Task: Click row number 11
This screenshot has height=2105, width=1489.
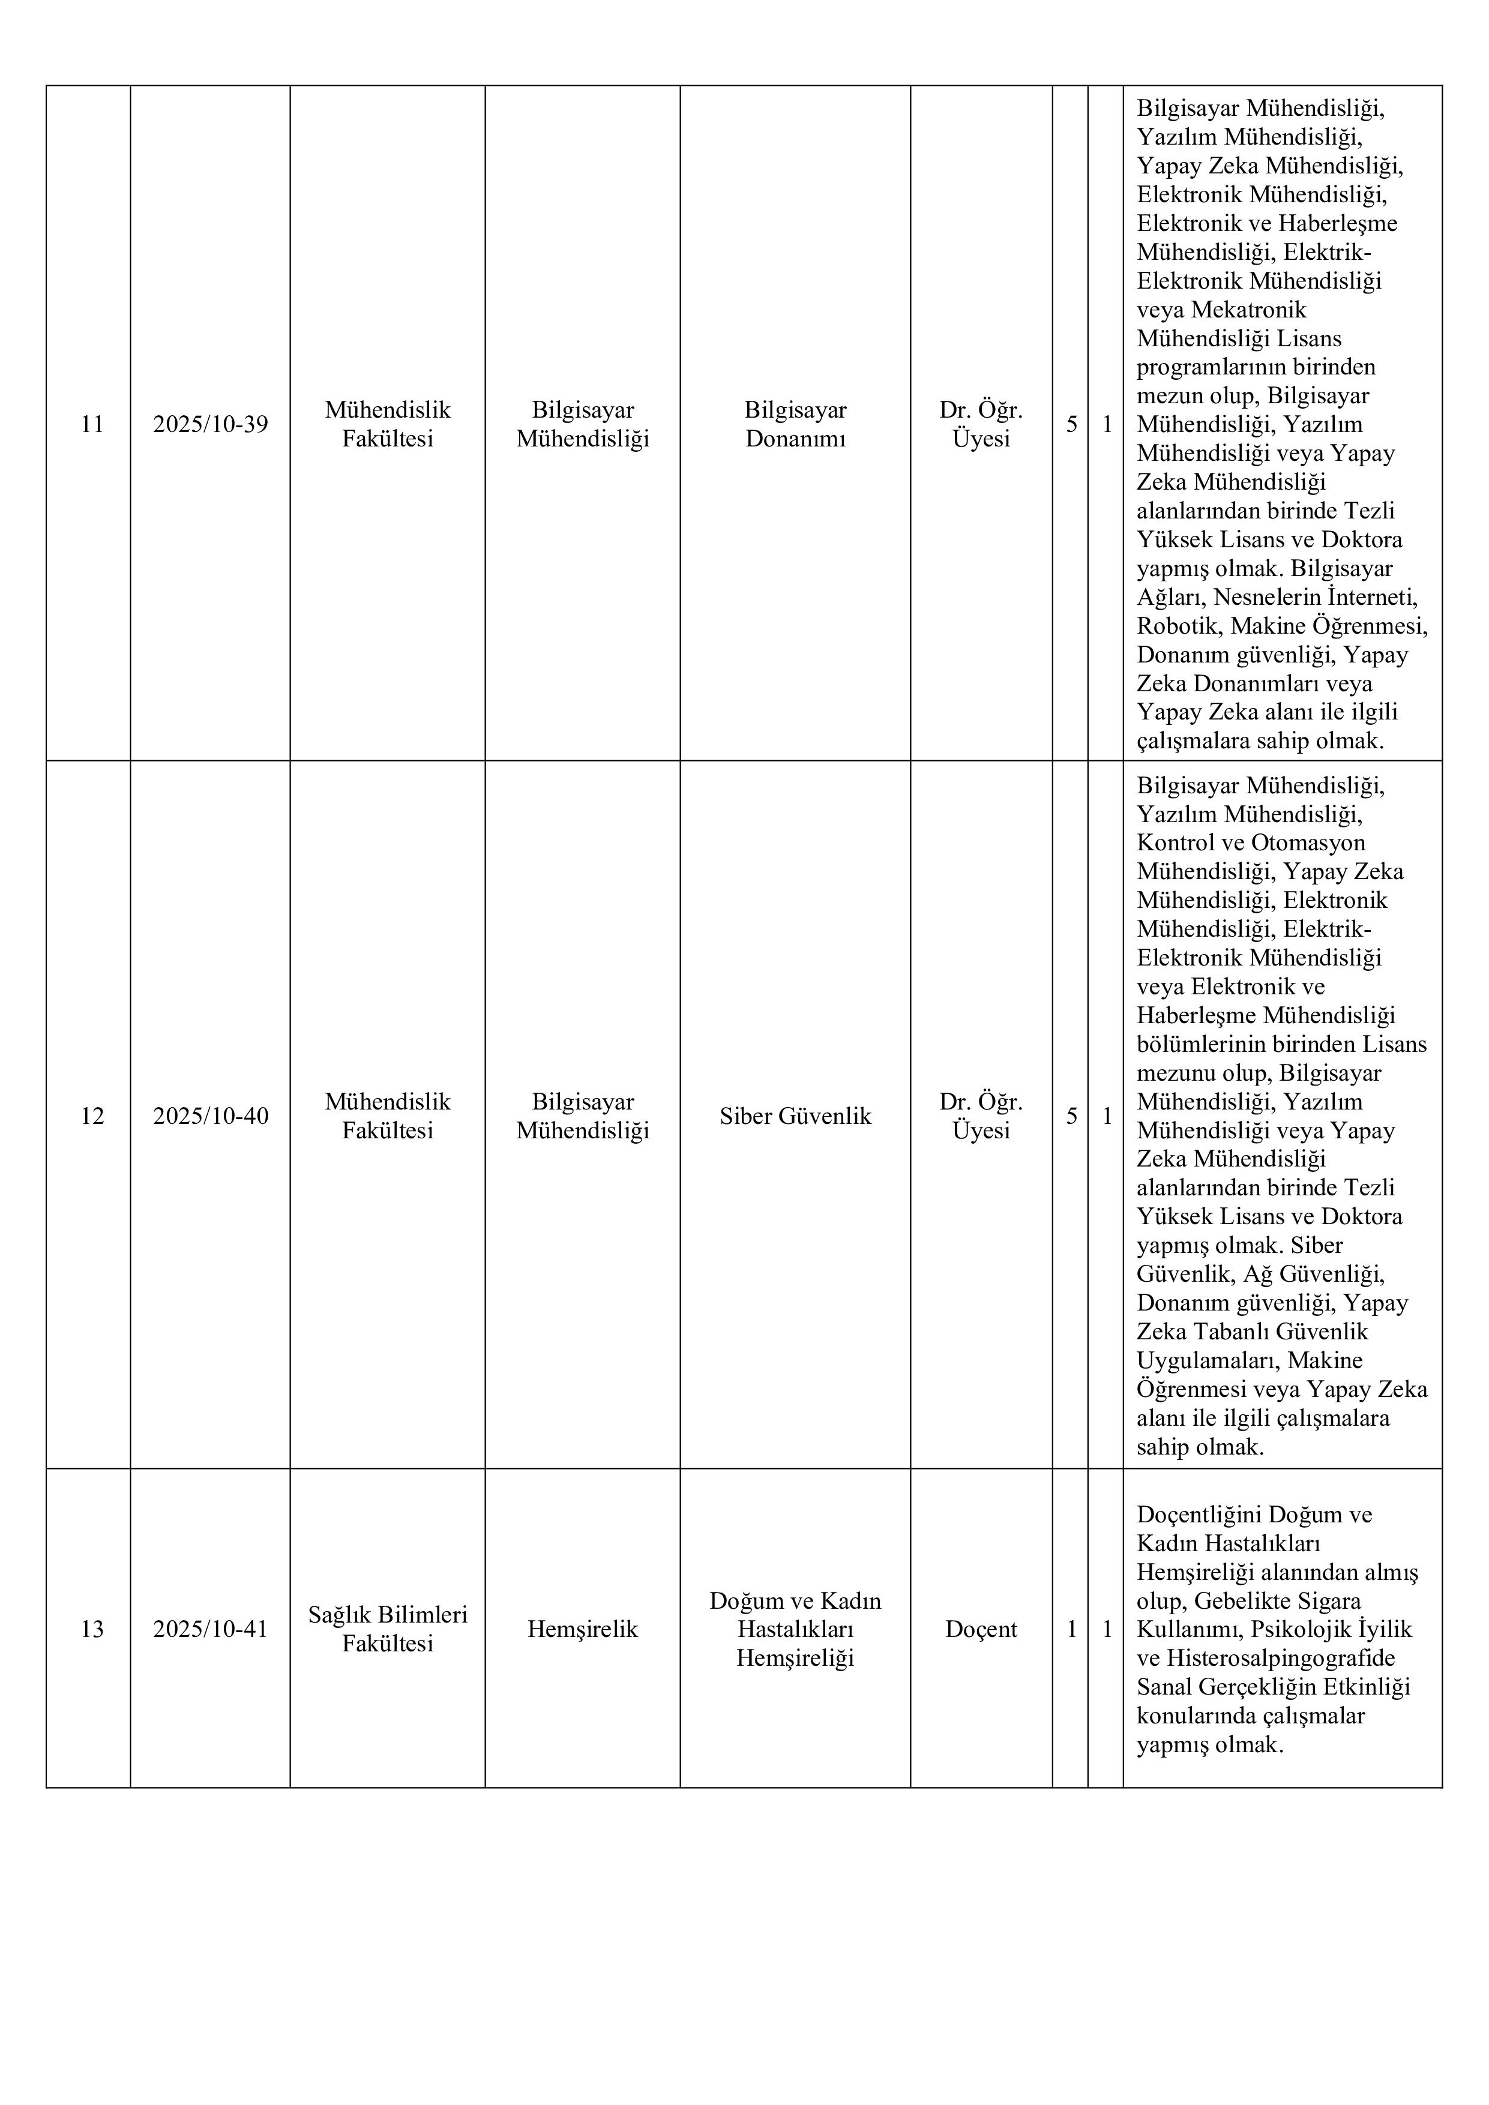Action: click(x=92, y=424)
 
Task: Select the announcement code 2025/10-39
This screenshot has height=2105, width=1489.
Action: click(x=210, y=424)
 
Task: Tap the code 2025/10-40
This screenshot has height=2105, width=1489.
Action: click(x=210, y=1116)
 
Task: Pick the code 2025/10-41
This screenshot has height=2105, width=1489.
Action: click(x=210, y=1629)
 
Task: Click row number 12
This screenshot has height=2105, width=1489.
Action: click(x=92, y=1116)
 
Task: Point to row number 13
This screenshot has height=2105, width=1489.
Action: click(x=92, y=1629)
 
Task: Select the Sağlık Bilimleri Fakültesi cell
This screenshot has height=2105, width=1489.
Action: click(x=387, y=1629)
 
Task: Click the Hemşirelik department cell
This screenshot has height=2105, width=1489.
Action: click(x=582, y=1629)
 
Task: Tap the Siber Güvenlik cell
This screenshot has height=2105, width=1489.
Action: click(x=795, y=1116)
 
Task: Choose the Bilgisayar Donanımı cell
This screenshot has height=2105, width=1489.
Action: click(x=795, y=424)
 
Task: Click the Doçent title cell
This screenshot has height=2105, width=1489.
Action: click(x=981, y=1629)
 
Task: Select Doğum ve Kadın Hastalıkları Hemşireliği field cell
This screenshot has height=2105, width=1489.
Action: click(x=795, y=1629)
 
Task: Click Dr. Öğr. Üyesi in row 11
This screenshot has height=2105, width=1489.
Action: click(x=981, y=424)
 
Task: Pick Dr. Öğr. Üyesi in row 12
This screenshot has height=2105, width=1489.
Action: click(x=981, y=1116)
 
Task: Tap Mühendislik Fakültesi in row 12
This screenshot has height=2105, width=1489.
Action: click(x=387, y=1116)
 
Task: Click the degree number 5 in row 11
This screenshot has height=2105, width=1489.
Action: click(x=1071, y=424)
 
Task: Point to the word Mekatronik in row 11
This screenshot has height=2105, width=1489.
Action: click(x=1249, y=310)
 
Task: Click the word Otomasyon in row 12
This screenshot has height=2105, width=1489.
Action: click(x=1308, y=842)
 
